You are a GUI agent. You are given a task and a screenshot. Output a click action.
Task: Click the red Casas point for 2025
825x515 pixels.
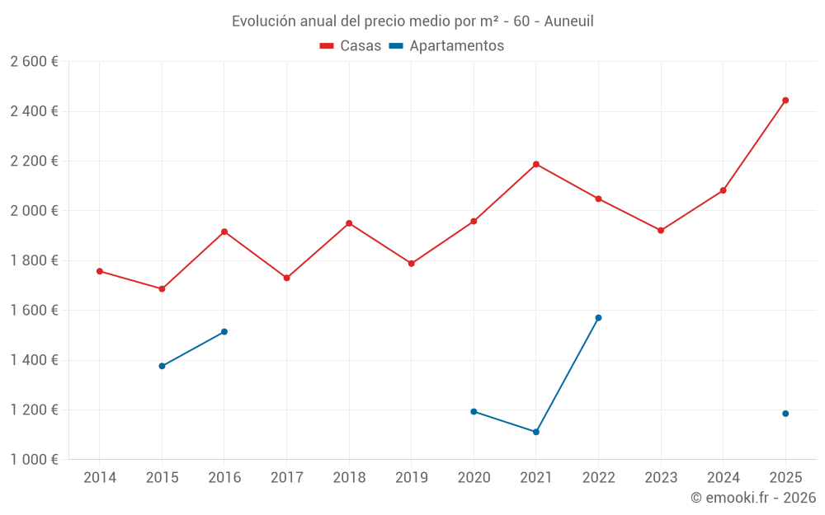tap(785, 101)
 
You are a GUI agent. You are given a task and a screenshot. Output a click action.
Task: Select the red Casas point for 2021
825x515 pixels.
tap(536, 164)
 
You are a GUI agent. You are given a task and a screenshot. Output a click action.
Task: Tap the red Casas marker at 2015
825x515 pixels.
tap(162, 289)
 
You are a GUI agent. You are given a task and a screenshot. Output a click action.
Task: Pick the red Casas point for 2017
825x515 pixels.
tap(286, 278)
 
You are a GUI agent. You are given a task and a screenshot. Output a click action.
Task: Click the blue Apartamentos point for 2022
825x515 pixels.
tap(598, 318)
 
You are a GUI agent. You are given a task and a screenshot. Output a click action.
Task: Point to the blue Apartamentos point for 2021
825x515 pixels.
tap(536, 432)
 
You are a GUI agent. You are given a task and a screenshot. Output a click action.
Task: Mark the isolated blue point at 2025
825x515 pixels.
tap(785, 414)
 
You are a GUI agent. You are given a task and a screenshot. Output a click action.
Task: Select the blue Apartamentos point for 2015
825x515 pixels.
tap(162, 366)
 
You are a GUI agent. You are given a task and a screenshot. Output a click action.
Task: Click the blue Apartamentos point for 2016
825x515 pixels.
tap(224, 332)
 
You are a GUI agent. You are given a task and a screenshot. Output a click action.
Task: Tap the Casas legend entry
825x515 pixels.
tap(351, 46)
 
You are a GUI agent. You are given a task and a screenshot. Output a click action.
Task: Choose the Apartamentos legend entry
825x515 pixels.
tap(446, 46)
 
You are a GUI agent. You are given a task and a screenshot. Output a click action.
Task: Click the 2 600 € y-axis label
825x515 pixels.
tap(34, 62)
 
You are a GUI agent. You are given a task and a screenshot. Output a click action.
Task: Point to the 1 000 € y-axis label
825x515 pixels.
tap(34, 460)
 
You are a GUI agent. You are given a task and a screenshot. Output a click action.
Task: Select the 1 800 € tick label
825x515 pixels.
tap(34, 260)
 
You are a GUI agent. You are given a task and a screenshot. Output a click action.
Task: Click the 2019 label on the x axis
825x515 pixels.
tap(411, 478)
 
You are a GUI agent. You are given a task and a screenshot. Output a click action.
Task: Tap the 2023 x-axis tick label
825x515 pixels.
tap(661, 478)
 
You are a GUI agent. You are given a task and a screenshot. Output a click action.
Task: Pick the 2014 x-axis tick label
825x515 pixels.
tap(100, 478)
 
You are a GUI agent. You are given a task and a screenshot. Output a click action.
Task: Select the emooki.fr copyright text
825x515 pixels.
tap(753, 498)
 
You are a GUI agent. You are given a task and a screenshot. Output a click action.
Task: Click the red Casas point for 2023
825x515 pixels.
tap(661, 231)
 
